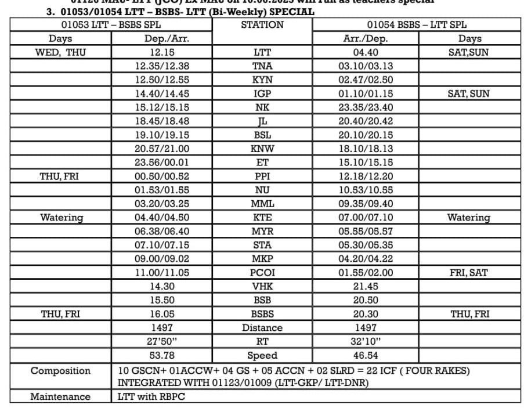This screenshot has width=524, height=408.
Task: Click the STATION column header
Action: click(x=262, y=25)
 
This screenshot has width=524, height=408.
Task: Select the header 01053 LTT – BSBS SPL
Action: click(x=111, y=25)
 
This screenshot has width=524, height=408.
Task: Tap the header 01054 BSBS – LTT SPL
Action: click(x=417, y=25)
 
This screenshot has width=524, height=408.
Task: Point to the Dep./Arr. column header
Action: click(x=162, y=39)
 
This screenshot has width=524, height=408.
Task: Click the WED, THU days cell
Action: click(x=61, y=52)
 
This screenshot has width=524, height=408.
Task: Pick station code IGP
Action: click(x=262, y=93)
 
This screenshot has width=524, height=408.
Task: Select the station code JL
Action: click(x=262, y=121)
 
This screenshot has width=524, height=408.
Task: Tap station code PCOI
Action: click(x=262, y=272)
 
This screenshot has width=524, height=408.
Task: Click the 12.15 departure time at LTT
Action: click(x=162, y=52)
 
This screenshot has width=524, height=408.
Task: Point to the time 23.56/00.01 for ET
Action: click(x=162, y=163)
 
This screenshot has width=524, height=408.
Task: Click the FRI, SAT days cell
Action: click(x=468, y=272)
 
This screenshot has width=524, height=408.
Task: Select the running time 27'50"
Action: click(x=162, y=341)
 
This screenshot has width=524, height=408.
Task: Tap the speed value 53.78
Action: click(x=162, y=355)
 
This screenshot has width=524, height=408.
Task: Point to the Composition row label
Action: click(x=61, y=371)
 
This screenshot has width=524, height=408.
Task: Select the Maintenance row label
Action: click(x=61, y=397)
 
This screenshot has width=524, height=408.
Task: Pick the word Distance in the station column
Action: click(x=262, y=328)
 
